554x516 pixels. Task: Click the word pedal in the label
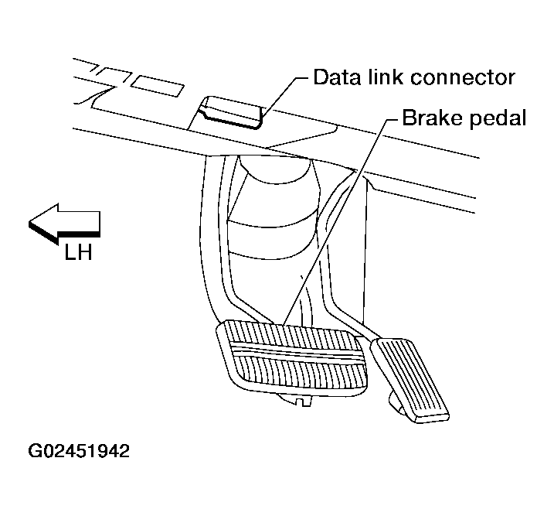[499, 120]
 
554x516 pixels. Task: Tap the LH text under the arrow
[77, 252]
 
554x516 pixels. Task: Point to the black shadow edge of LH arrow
[70, 234]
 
